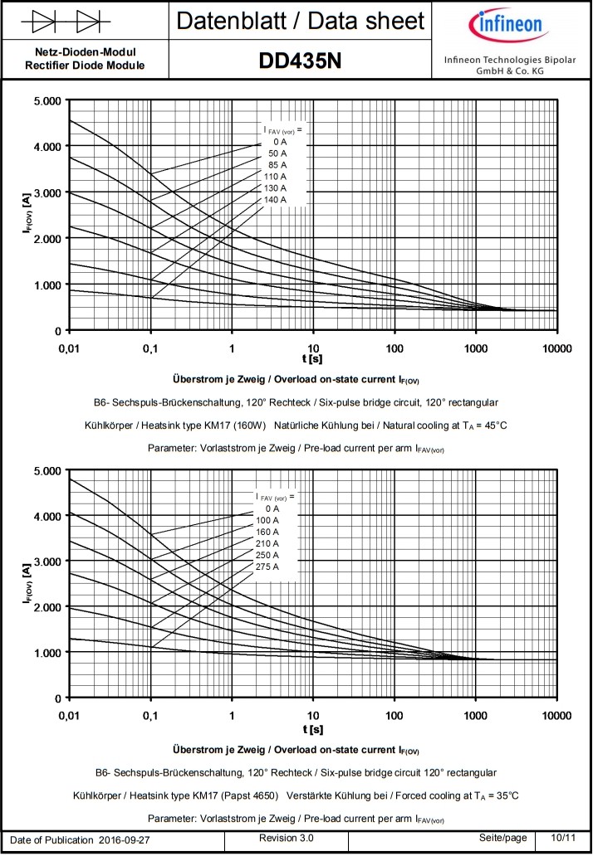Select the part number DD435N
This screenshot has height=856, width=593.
point(300,60)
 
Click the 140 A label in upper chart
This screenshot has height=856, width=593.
point(274,200)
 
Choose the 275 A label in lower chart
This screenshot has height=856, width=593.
point(267,567)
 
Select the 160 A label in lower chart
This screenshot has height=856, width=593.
point(267,532)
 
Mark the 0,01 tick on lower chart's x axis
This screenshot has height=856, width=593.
point(71,715)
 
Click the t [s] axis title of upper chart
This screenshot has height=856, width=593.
point(312,358)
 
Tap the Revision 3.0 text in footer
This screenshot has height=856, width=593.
point(287,839)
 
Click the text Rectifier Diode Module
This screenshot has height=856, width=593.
point(85,65)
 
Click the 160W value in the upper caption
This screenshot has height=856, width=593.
point(249,426)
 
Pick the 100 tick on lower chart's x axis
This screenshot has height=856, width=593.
point(394,715)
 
